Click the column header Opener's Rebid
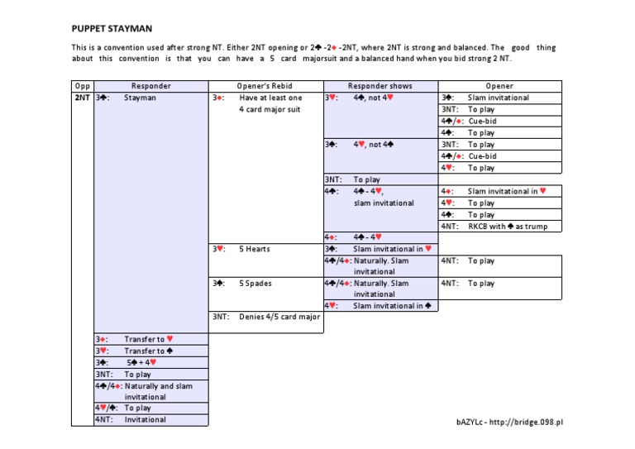click(265, 86)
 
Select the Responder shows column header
click(380, 86)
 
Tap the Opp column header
click(83, 86)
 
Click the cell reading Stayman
click(140, 98)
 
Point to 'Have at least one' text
click(271, 98)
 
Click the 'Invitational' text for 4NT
click(146, 419)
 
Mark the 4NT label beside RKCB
click(450, 227)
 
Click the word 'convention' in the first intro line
click(136, 48)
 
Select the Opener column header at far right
click(499, 86)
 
